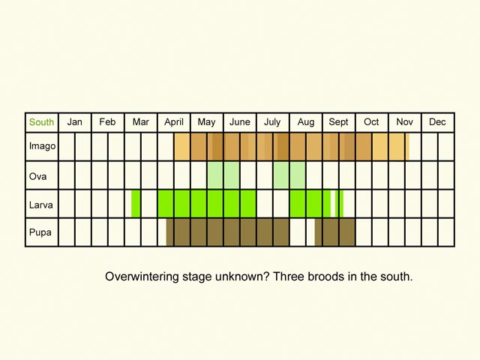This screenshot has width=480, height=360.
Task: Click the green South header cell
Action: [x=41, y=122]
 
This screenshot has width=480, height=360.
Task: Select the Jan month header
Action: [x=74, y=122]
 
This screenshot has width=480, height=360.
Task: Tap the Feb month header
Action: [x=107, y=122]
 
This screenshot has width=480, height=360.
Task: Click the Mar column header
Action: [x=140, y=122]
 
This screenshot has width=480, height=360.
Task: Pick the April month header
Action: [x=173, y=122]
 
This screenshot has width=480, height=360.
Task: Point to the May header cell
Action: [x=206, y=122]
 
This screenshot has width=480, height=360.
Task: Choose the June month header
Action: [x=239, y=122]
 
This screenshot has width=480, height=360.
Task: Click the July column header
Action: [x=272, y=122]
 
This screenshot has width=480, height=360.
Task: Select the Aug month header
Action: [x=305, y=122]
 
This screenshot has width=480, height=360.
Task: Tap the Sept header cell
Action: [x=338, y=122]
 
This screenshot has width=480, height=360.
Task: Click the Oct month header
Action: [x=371, y=122]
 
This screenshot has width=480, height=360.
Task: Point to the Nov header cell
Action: [x=404, y=122]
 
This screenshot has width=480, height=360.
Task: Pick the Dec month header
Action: [x=437, y=122]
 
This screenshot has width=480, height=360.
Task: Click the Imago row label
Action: [x=41, y=146]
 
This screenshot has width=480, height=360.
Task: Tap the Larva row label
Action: [x=40, y=203]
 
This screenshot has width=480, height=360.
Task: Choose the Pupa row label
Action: [x=40, y=232]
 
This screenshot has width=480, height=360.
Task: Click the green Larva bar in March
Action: [x=136, y=203]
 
